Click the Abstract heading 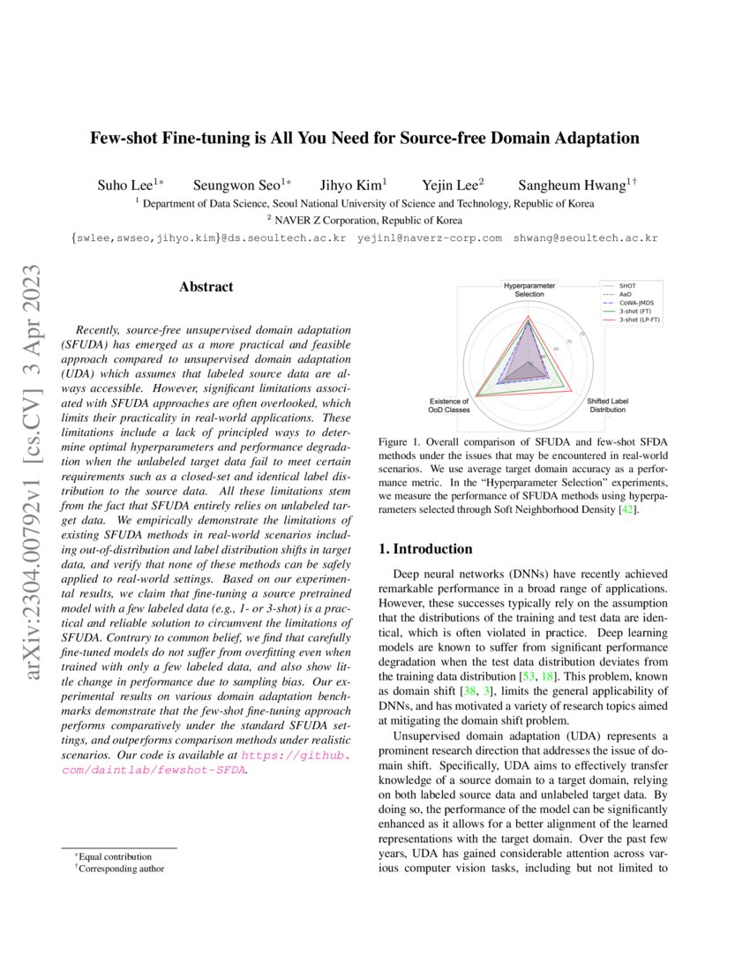pos(206,287)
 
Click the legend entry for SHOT pos(628,286)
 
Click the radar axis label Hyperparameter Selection pos(529,290)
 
